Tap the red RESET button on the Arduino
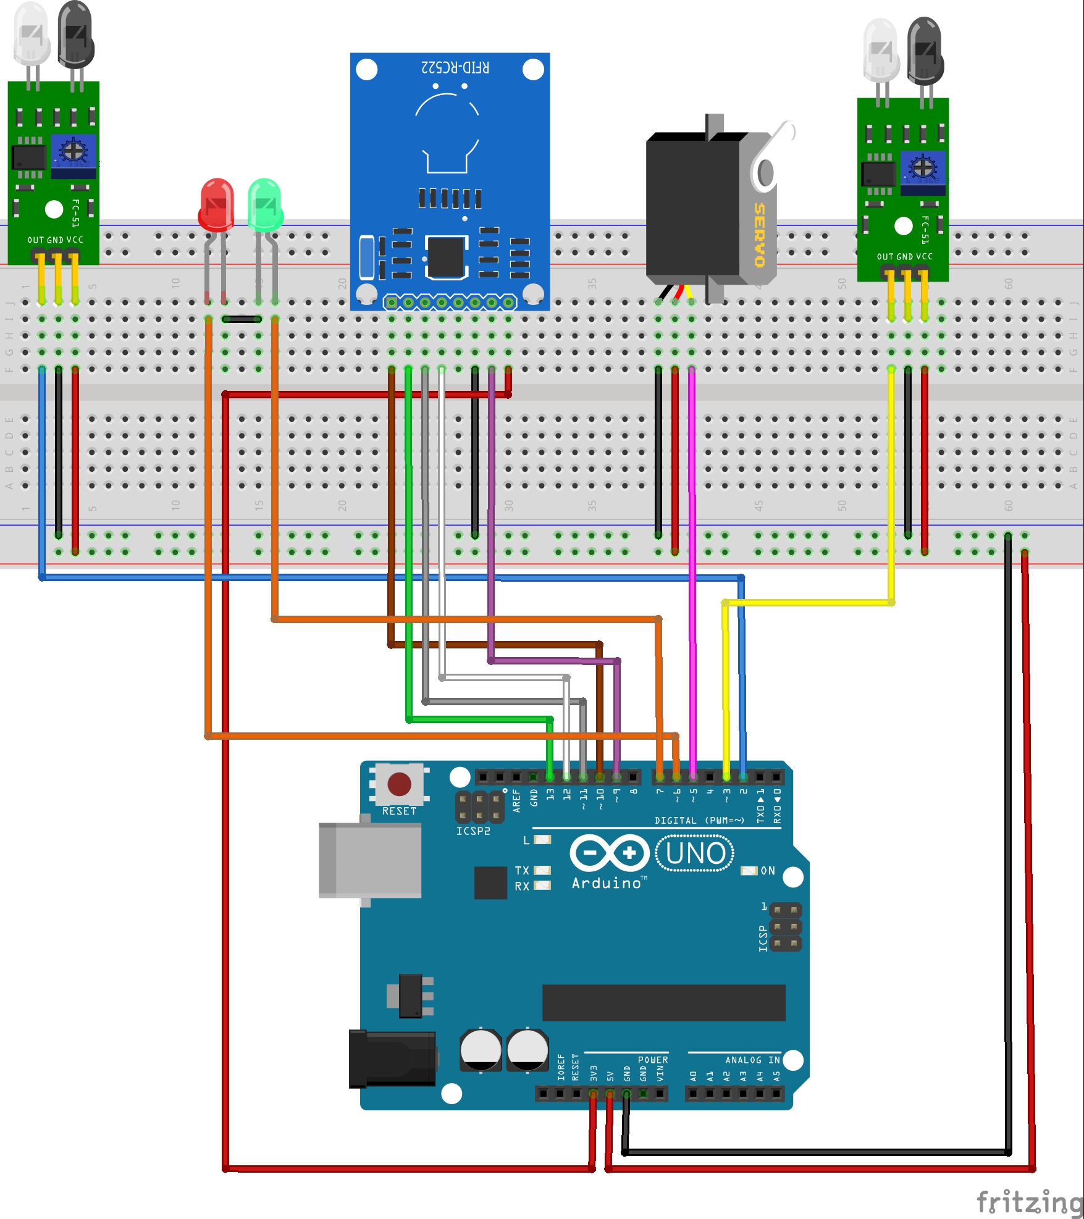click(399, 784)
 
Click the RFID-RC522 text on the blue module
click(455, 67)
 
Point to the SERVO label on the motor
click(759, 235)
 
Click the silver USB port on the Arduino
click(369, 860)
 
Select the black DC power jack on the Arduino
click(392, 1059)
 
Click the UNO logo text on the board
click(695, 853)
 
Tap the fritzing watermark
click(1028, 1201)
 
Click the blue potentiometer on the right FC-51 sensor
click(923, 167)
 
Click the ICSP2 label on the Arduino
click(473, 831)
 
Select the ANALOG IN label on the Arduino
click(752, 1060)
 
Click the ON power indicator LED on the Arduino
click(749, 870)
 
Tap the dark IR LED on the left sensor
click(75, 37)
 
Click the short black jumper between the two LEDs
click(242, 319)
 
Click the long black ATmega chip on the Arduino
click(663, 1003)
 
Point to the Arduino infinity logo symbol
click(609, 853)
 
